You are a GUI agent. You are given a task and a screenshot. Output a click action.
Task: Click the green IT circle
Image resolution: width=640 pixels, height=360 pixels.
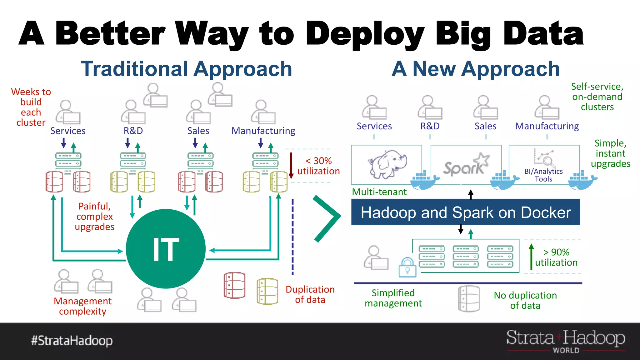tap(166, 249)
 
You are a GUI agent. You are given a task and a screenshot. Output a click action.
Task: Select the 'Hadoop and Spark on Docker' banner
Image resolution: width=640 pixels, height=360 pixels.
tap(466, 212)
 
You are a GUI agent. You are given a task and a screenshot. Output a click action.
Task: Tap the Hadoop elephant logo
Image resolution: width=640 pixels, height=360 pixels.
tap(387, 164)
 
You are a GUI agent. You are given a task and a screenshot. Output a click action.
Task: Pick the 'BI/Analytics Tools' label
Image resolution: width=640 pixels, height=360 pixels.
tap(543, 175)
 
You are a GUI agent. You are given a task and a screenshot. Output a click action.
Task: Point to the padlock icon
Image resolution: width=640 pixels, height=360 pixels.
tap(407, 267)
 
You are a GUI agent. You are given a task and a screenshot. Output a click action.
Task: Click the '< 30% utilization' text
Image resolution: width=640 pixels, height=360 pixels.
tap(318, 166)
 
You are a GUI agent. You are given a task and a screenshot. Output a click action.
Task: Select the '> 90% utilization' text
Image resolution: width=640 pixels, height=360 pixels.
tap(556, 257)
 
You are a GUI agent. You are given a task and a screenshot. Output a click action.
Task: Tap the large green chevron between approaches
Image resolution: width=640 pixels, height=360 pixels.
tap(327, 218)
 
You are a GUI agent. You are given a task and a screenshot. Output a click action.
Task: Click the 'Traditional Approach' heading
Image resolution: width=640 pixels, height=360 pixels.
tap(187, 69)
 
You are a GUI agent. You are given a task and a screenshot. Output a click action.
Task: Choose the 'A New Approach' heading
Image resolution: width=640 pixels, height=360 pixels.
tap(476, 69)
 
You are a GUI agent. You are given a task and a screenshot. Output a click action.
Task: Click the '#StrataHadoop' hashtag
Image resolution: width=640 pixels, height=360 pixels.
tap(72, 340)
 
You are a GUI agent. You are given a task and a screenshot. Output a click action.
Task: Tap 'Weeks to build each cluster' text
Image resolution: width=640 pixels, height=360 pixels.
tap(31, 107)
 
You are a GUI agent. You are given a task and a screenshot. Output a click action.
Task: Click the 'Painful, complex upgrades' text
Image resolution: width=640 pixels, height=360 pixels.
tap(94, 216)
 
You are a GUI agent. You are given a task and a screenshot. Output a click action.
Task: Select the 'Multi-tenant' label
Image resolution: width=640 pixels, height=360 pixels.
tap(379, 192)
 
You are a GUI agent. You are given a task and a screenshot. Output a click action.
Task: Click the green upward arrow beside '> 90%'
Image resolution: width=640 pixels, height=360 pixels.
tap(531, 257)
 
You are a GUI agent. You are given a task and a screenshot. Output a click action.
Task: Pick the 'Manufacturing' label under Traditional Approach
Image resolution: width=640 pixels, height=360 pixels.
tap(263, 131)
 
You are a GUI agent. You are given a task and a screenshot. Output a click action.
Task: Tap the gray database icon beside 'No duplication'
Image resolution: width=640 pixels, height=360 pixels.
tap(469, 299)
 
